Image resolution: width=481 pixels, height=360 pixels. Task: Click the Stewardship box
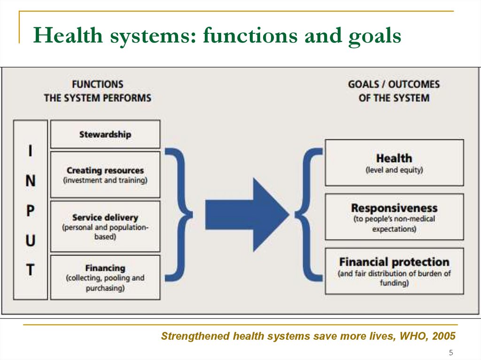click(105, 134)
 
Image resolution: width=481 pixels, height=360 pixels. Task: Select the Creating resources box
click(105, 175)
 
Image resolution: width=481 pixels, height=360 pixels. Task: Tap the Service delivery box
click(105, 226)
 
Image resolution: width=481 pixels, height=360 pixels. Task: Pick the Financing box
click(105, 277)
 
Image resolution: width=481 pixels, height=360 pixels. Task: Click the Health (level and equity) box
click(394, 162)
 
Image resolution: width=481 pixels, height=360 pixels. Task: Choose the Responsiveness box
click(394, 217)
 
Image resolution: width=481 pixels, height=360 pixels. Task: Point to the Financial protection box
click(394, 271)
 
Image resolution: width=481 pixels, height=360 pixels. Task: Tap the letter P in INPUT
click(30, 212)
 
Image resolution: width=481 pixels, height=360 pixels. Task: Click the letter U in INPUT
click(30, 241)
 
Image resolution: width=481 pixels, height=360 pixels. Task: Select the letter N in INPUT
click(30, 182)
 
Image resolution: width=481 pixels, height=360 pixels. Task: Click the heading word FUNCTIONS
click(97, 84)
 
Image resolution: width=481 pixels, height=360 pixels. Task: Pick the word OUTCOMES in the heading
click(415, 84)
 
